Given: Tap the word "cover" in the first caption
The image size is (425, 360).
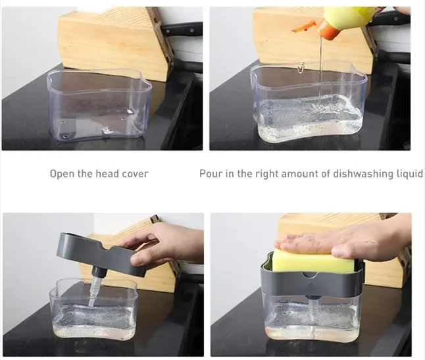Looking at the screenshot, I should [134, 174].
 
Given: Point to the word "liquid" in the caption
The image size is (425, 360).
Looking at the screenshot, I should [407, 174].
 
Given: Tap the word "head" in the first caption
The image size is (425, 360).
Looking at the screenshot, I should [103, 174].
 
